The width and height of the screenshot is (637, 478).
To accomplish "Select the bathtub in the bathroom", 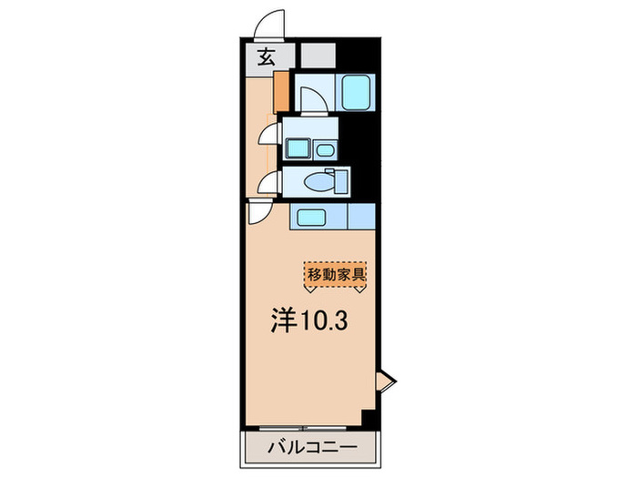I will tap(353, 90).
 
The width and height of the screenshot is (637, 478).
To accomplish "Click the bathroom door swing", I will tap(310, 97).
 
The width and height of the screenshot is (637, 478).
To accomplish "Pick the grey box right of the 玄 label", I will tap(315, 56).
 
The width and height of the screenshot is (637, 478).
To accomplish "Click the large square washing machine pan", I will tap(298, 147).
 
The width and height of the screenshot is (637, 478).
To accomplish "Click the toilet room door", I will tap(269, 183).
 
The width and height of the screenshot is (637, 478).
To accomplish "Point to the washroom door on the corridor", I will tap(269, 135).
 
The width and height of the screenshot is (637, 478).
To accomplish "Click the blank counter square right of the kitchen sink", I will tap(360, 216).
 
